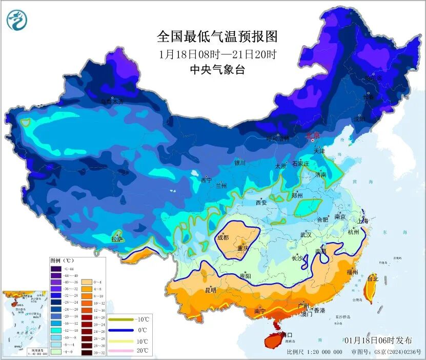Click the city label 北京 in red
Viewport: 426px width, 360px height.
[313, 136]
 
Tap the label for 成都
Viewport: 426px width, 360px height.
[223, 237]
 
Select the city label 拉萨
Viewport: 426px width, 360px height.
[117, 239]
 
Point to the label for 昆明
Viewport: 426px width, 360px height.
[211, 290]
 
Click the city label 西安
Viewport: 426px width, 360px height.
[261, 203]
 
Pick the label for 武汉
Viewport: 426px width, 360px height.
[306, 235]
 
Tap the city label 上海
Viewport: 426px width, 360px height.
[363, 221]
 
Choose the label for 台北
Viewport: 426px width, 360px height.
[373, 279]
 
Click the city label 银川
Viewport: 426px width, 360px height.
[240, 163]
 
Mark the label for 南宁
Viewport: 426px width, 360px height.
[260, 311]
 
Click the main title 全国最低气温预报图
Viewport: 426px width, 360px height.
[217, 37]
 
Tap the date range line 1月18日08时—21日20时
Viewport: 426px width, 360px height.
[217, 54]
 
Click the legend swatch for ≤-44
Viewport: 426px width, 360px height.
[56, 269]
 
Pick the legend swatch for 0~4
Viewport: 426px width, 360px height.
[86, 282]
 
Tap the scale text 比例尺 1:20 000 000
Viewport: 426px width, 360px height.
[314, 352]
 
